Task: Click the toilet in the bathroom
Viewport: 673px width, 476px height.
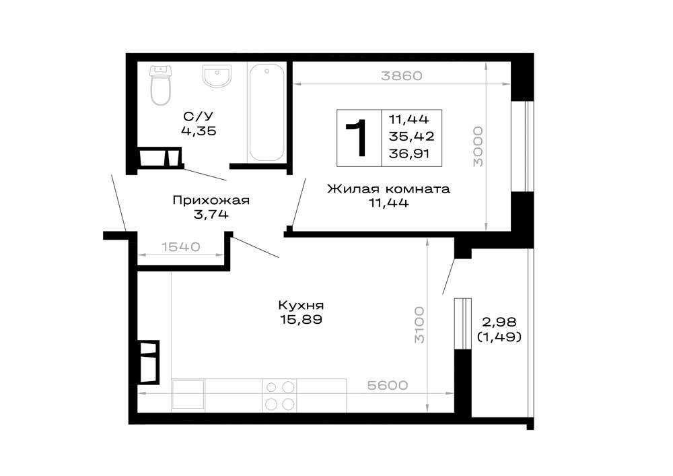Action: tap(161, 85)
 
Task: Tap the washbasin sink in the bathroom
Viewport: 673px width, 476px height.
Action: tap(217, 75)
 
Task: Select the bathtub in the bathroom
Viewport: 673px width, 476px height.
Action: tap(267, 112)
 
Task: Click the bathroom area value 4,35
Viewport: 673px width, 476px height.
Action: tap(199, 131)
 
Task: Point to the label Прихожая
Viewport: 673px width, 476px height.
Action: tap(211, 201)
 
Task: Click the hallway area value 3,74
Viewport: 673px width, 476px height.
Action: tap(211, 214)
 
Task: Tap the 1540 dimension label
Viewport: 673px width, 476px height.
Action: tap(180, 247)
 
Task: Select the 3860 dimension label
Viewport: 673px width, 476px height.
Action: tap(402, 76)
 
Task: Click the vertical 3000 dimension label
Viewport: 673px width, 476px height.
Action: tap(478, 146)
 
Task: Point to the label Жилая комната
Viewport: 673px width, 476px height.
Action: tap(388, 189)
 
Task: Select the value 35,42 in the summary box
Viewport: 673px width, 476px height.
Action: tap(411, 136)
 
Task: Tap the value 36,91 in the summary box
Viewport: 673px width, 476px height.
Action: tap(409, 154)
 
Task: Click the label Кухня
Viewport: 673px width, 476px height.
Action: tap(301, 305)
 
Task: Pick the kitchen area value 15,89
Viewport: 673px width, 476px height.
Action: tap(301, 319)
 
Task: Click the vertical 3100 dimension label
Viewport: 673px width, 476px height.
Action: tap(419, 325)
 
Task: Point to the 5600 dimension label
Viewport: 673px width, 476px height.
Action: tap(388, 385)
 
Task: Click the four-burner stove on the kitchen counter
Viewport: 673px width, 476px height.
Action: tap(280, 395)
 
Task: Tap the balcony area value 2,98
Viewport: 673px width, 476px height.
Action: tap(499, 321)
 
